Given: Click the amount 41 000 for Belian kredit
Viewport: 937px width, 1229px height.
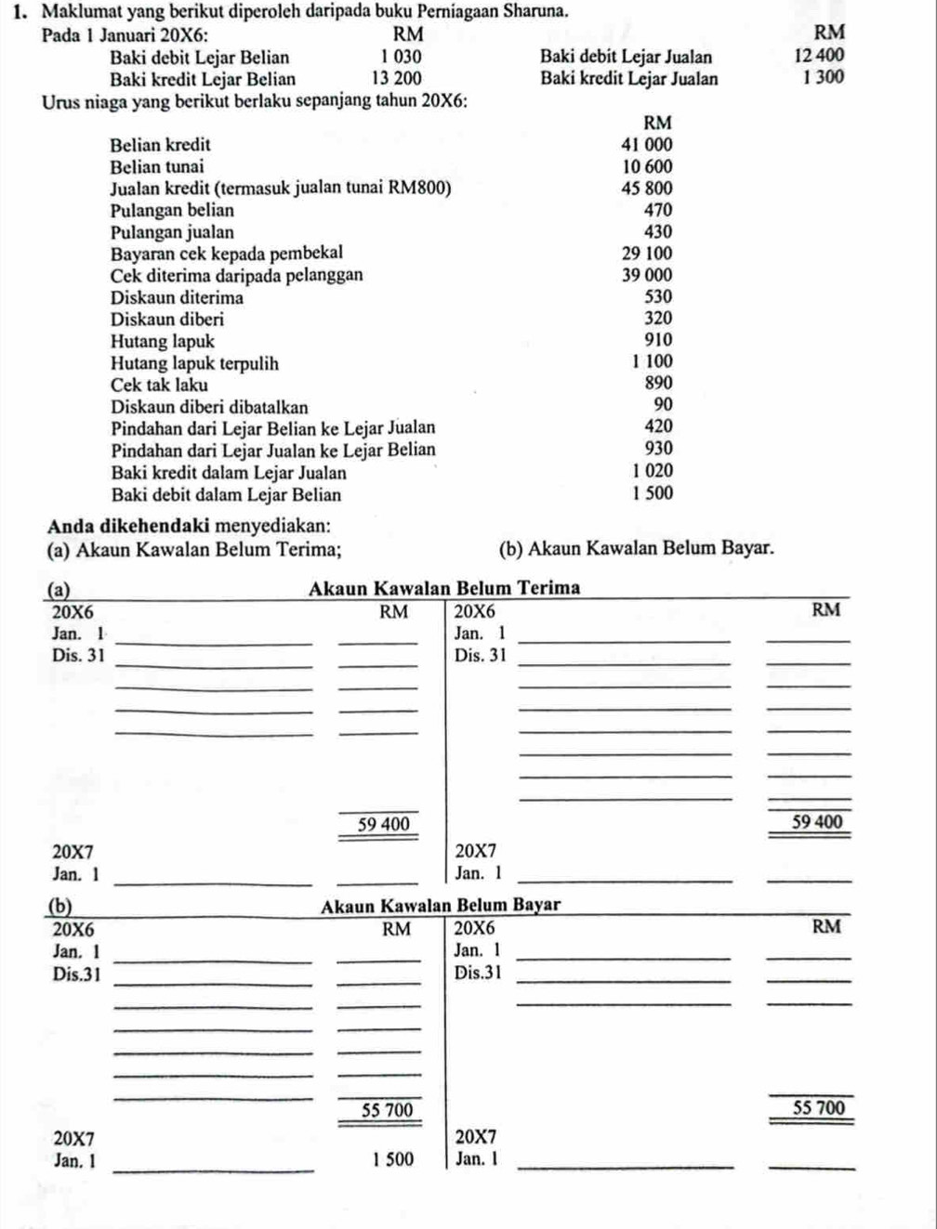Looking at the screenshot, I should click(x=646, y=145).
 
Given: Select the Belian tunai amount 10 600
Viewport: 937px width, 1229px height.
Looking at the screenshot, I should click(x=647, y=167).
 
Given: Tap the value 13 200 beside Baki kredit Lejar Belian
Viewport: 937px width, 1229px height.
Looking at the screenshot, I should click(x=396, y=79).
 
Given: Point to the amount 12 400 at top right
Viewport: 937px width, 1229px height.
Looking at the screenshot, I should click(x=819, y=56).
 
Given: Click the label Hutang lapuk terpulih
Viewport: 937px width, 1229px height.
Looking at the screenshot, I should click(x=194, y=363).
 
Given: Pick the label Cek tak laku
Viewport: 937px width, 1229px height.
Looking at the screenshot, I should click(x=159, y=385).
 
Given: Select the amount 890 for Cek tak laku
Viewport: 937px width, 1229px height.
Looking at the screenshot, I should click(x=657, y=383).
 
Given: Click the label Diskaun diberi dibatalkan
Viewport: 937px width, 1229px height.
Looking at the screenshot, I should click(x=209, y=407).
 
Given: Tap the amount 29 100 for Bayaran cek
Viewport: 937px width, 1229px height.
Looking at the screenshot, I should click(x=647, y=253).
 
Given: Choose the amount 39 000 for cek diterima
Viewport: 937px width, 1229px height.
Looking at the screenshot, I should click(x=647, y=275).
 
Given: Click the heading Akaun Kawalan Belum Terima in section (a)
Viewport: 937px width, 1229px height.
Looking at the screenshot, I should click(x=444, y=588).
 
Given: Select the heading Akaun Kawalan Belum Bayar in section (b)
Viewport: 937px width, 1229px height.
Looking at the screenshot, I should click(x=441, y=906).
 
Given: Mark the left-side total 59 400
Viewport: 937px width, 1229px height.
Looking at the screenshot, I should click(x=383, y=824).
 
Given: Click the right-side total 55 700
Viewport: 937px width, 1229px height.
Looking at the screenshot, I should click(x=819, y=1107).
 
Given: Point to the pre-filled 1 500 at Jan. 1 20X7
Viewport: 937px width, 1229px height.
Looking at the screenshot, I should click(x=394, y=1159).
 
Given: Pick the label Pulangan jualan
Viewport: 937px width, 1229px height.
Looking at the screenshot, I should click(x=172, y=232).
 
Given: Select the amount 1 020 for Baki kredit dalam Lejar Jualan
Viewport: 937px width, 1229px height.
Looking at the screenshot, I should click(x=653, y=472).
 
